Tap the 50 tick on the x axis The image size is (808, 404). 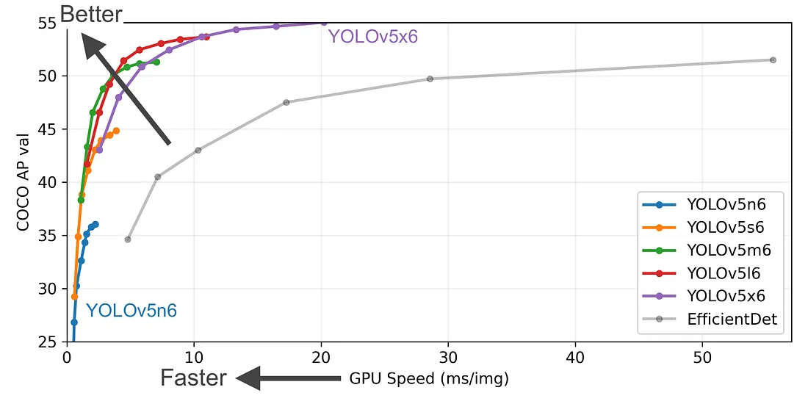click(702, 358)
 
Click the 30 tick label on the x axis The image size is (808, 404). click(448, 358)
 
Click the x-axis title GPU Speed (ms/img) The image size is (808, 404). click(428, 379)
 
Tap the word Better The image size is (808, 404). click(91, 13)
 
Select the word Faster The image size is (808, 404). click(194, 378)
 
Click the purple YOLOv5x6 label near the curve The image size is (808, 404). click(372, 36)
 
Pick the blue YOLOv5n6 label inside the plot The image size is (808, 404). click(131, 311)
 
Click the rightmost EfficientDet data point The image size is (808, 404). click(773, 59)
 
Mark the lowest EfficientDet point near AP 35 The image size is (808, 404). click(128, 239)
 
